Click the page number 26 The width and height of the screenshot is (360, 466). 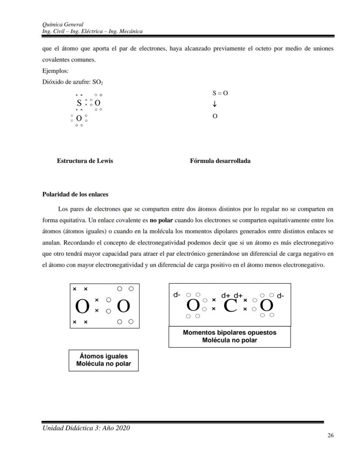point(330,436)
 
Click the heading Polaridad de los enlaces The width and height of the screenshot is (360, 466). point(75,194)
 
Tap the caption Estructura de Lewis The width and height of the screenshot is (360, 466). point(85,161)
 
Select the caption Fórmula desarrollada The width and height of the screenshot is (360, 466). point(220,161)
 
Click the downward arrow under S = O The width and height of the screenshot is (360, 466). point(215,104)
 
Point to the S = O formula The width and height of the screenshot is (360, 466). point(220,93)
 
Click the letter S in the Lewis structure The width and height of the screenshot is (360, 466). point(79,103)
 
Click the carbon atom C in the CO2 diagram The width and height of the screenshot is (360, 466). point(230,306)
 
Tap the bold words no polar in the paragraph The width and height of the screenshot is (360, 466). point(161,220)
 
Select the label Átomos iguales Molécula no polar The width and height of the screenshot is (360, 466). point(103,360)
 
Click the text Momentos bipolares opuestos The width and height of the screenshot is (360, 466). point(229,332)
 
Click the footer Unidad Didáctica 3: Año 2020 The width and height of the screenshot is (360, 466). point(86,428)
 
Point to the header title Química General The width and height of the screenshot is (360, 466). point(63,24)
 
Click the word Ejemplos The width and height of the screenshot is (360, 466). point(56,70)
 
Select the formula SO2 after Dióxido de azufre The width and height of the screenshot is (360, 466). point(98,82)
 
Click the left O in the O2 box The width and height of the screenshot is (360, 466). point(82,307)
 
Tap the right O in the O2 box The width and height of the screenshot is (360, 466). point(123,307)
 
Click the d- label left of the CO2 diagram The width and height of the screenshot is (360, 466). point(177,295)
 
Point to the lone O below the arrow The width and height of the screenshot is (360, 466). point(215,117)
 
